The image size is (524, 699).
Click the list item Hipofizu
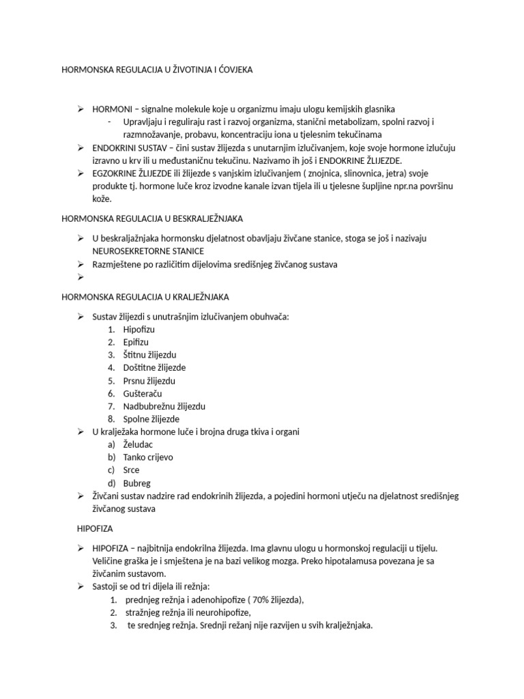(139, 329)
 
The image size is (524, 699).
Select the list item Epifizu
(136, 342)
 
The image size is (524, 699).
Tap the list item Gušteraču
(143, 393)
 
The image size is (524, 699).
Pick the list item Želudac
(139, 444)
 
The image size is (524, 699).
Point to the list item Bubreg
(137, 483)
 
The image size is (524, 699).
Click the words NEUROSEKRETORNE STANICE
(139, 251)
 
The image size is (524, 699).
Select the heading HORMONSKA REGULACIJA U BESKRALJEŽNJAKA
(153, 218)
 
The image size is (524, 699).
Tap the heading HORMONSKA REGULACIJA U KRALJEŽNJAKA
(145, 297)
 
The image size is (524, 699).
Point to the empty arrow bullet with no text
(80, 277)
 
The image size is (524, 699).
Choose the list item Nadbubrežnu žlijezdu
(164, 406)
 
